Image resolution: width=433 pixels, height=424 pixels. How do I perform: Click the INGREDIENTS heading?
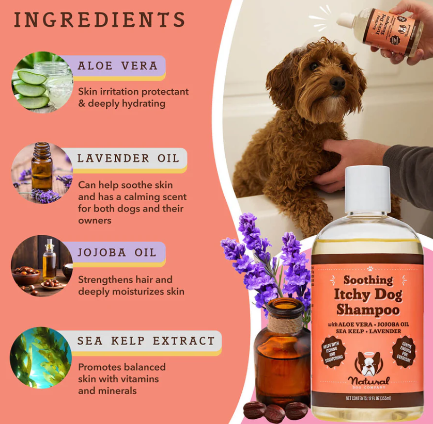pyautogui.click(x=99, y=20)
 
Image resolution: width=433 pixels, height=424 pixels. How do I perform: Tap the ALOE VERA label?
pyautogui.click(x=117, y=66)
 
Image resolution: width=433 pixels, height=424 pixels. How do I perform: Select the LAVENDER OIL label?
pyautogui.click(x=128, y=158)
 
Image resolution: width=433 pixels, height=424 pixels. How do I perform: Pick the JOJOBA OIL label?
pyautogui.click(x=117, y=252)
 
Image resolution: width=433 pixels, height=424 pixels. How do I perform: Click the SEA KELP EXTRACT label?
pyautogui.click(x=146, y=341)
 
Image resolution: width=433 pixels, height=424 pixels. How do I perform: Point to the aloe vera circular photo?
pyautogui.click(x=42, y=81)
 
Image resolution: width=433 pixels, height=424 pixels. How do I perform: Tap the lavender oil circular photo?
pyautogui.click(x=42, y=173)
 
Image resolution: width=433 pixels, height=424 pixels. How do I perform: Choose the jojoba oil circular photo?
pyautogui.click(x=42, y=266)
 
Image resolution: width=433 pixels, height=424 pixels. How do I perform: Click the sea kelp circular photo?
pyautogui.click(x=41, y=357)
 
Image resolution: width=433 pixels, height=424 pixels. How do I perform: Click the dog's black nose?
pyautogui.click(x=337, y=83)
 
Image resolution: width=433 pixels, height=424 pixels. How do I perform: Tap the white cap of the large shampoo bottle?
pyautogui.click(x=367, y=189)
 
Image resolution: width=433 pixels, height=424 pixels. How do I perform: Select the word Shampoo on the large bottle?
pyautogui.click(x=367, y=309)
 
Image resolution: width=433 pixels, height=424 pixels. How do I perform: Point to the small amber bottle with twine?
pyautogui.click(x=282, y=356)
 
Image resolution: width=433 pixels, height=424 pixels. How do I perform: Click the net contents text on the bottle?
pyautogui.click(x=368, y=398)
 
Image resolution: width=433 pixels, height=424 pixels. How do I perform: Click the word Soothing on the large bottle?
pyautogui.click(x=368, y=280)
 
